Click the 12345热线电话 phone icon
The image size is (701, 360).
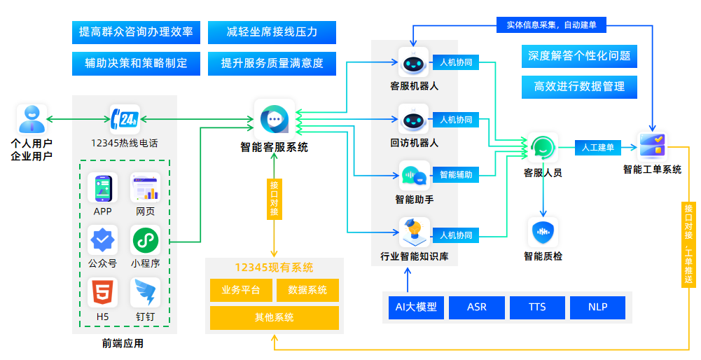click(x=125, y=120)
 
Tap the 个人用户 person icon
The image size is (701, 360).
click(x=32, y=119)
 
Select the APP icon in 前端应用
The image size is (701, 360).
click(x=102, y=188)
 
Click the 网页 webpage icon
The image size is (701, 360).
click(x=145, y=188)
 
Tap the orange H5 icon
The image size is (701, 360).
click(x=102, y=292)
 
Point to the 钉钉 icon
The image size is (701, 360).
click(x=145, y=292)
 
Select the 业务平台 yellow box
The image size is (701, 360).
click(x=241, y=290)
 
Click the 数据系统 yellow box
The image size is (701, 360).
click(x=307, y=290)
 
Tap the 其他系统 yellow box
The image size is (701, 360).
click(x=274, y=318)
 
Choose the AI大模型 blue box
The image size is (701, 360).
click(x=416, y=307)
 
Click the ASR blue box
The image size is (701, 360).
click(x=476, y=307)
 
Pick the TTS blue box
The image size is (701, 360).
click(x=537, y=307)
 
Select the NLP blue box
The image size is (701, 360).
click(x=597, y=307)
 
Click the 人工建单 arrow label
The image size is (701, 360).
click(x=597, y=148)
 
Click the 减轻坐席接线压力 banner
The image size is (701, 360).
click(x=272, y=32)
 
